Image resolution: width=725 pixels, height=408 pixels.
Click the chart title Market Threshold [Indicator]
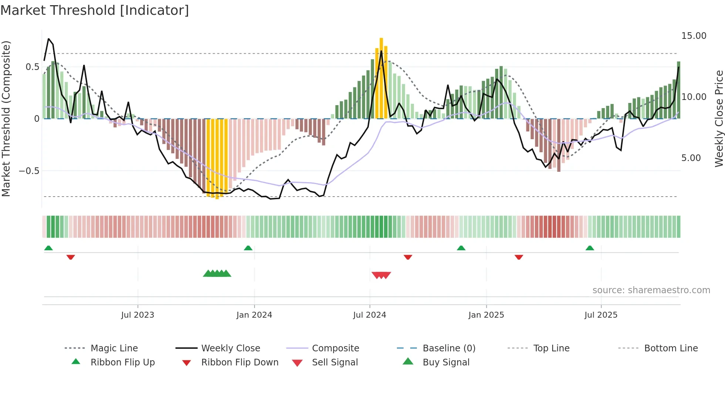(x=95, y=10)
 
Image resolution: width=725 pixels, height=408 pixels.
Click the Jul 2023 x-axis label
(x=138, y=315)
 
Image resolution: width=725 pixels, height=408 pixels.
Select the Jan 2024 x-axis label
(x=254, y=315)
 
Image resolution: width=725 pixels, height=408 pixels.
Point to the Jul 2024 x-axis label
(x=370, y=315)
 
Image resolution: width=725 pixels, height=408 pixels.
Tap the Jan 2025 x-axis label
(x=486, y=315)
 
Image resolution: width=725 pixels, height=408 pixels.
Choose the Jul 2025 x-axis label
(x=601, y=315)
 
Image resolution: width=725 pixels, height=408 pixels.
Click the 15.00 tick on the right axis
(x=694, y=36)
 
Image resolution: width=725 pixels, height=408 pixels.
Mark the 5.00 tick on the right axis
(x=691, y=158)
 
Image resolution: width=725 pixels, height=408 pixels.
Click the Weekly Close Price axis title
(x=719, y=118)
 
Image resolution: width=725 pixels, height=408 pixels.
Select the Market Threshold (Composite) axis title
(x=6, y=118)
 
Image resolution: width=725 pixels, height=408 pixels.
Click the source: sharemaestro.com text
(x=651, y=290)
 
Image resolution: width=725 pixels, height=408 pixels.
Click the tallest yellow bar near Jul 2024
(x=381, y=78)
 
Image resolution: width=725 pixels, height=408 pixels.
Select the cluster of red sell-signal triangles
(x=381, y=275)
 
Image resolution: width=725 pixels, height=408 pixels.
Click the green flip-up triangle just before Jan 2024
(x=248, y=248)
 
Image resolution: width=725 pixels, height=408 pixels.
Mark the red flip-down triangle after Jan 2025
(x=519, y=257)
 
